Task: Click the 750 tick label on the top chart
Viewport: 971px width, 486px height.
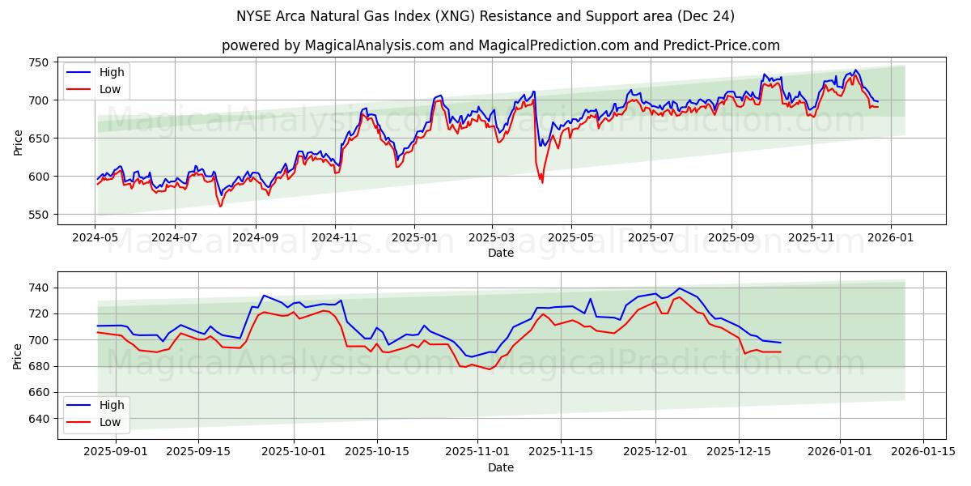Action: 39,62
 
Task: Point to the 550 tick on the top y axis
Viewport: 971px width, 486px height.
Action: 39,215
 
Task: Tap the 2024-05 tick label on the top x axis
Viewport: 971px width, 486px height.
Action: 95,238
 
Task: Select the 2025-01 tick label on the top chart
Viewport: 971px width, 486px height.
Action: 413,238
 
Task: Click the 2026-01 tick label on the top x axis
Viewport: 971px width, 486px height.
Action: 890,238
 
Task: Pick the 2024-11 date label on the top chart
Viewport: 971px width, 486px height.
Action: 334,238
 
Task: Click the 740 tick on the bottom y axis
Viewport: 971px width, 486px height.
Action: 39,288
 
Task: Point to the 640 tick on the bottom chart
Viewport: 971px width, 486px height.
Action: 39,419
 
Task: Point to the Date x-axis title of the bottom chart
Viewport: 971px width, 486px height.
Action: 500,467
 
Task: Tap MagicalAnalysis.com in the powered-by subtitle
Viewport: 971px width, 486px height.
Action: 374,45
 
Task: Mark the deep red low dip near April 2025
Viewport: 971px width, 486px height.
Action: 542,182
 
